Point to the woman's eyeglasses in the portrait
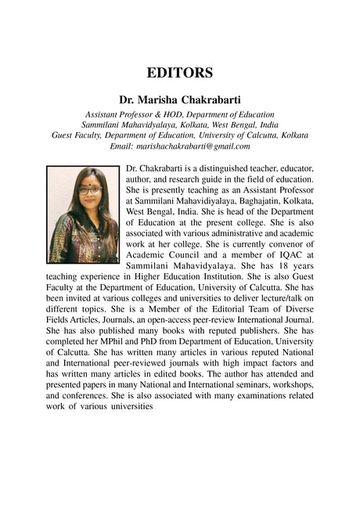point(89,189)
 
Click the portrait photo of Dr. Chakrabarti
point(83,214)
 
